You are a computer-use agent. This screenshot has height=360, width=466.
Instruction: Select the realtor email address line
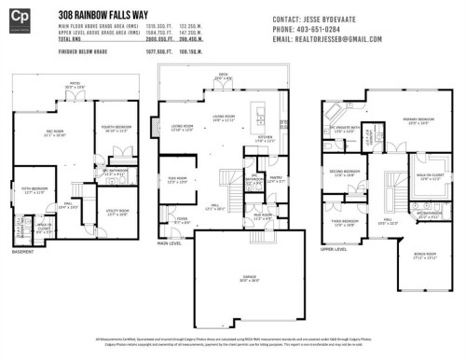[327, 39]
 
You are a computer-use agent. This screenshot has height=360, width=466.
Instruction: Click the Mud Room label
[265, 215]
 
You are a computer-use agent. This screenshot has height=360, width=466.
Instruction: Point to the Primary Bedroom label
[417, 120]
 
